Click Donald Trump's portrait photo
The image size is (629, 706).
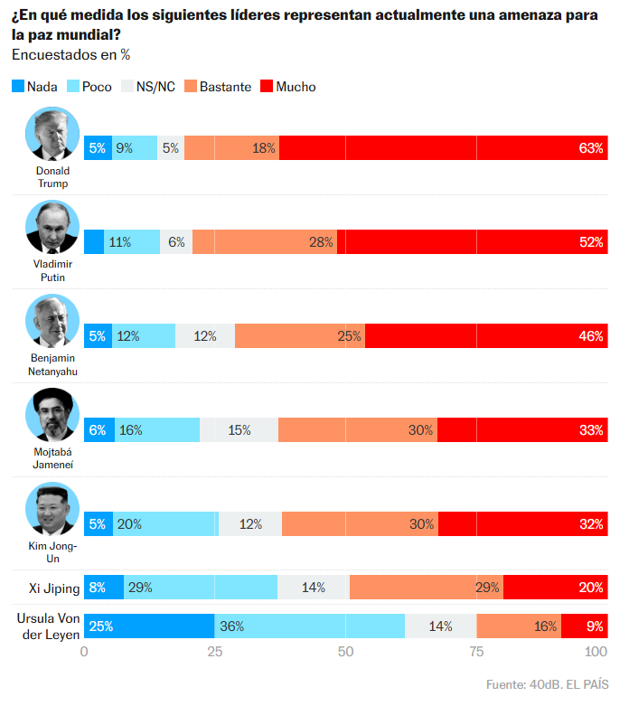coord(52,135)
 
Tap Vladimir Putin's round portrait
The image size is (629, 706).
coord(52,228)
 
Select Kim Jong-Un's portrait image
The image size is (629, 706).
coord(52,510)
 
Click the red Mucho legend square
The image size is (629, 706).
coord(267,87)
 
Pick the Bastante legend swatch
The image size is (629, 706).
coord(190,87)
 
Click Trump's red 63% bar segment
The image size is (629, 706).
coord(443,148)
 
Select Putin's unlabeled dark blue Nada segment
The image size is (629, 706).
coord(94,242)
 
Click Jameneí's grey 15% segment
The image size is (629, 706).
coord(239,430)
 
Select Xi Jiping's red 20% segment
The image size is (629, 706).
coord(555,588)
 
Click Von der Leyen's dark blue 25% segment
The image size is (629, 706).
coord(149,626)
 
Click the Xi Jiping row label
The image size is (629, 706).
coord(49,588)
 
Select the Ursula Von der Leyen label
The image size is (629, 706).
coord(49,626)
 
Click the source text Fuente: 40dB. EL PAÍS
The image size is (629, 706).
coord(547,683)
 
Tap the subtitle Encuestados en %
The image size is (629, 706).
coord(71,55)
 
